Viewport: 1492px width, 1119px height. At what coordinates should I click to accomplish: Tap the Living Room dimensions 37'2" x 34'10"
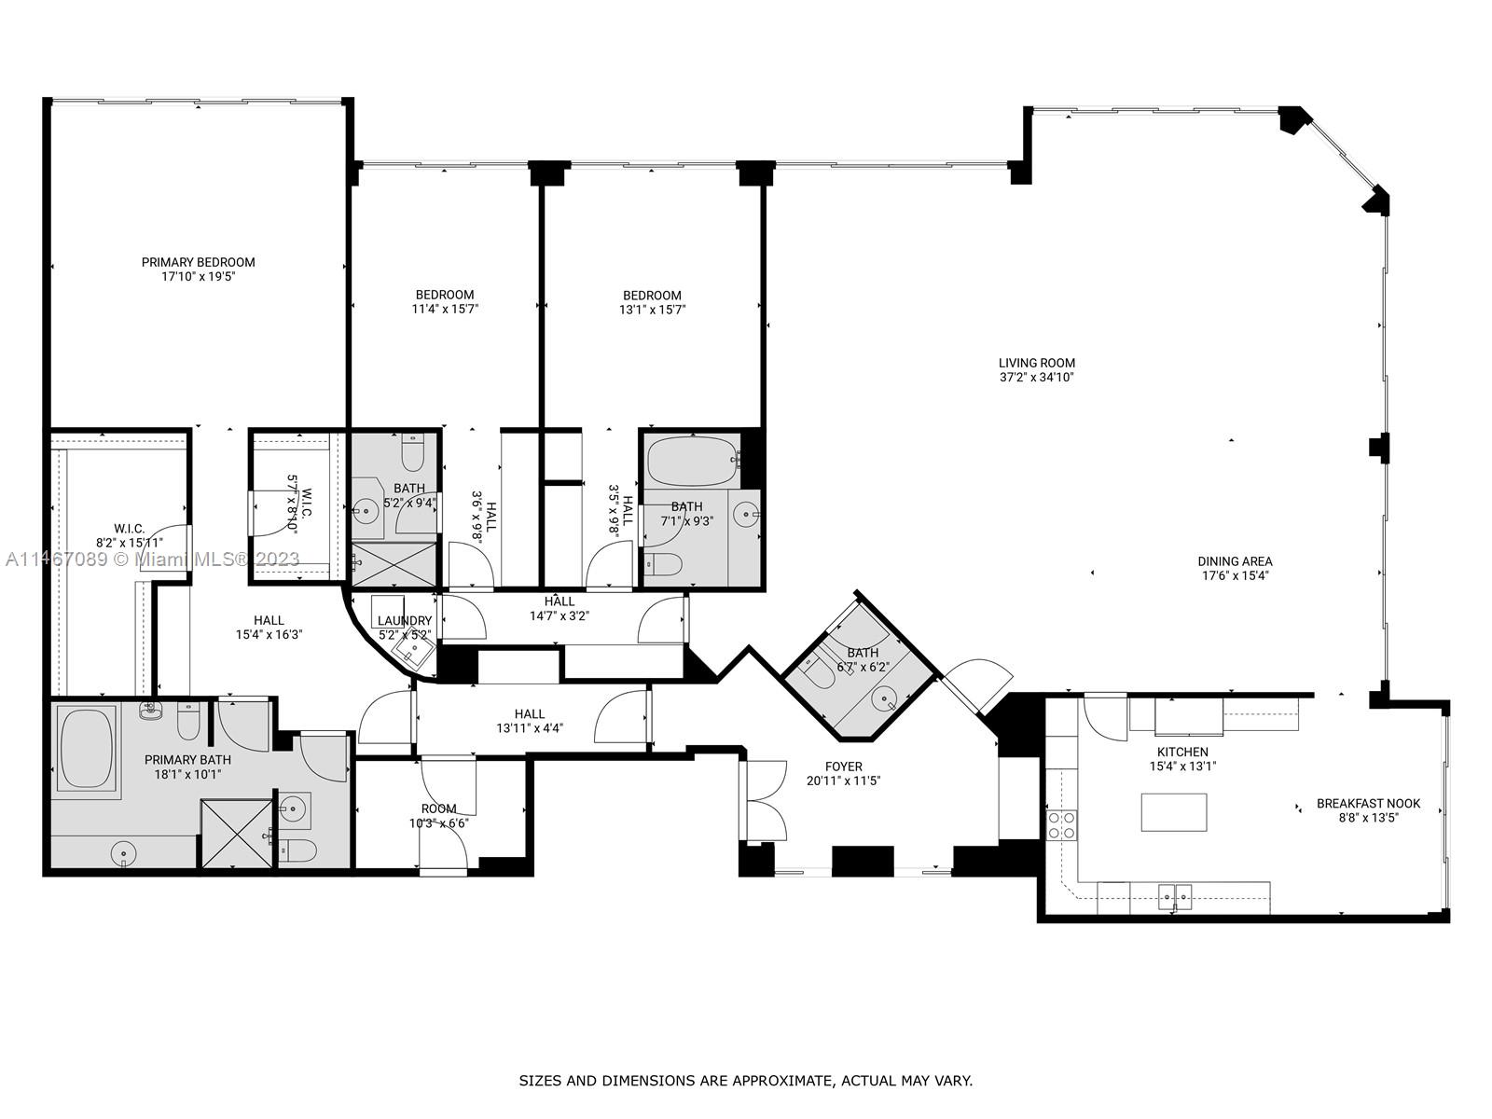pyautogui.click(x=1036, y=378)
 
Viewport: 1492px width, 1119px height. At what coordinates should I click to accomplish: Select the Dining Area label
pyautogui.click(x=1235, y=561)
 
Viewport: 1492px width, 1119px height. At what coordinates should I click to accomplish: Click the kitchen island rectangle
pyautogui.click(x=1173, y=812)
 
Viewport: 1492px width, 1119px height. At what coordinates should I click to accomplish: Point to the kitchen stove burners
pyautogui.click(x=1062, y=824)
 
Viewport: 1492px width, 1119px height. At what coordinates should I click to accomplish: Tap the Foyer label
pyautogui.click(x=843, y=767)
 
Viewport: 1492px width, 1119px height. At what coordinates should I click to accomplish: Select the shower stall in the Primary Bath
pyautogui.click(x=235, y=834)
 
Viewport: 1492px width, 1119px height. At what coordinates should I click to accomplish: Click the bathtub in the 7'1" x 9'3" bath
pyautogui.click(x=691, y=461)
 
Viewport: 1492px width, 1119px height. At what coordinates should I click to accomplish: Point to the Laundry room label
pyautogui.click(x=404, y=621)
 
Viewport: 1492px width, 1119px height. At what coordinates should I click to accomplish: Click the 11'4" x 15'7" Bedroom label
pyautogui.click(x=445, y=295)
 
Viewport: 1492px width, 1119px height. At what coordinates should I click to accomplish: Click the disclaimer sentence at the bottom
pyautogui.click(x=745, y=1081)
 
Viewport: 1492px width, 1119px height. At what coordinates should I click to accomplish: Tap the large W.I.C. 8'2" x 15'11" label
pyautogui.click(x=129, y=529)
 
